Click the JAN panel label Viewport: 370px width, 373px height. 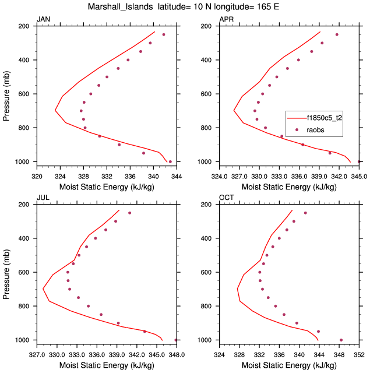click(x=43, y=20)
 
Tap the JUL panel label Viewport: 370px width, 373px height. click(x=43, y=198)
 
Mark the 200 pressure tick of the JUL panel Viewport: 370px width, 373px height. click(x=26, y=205)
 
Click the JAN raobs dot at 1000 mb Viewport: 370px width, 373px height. click(x=170, y=161)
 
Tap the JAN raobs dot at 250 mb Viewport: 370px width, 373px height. click(x=164, y=34)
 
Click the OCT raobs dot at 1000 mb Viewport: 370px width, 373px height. click(x=341, y=340)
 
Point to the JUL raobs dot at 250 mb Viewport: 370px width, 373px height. click(x=129, y=213)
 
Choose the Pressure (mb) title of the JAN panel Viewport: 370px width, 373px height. click(x=6, y=94)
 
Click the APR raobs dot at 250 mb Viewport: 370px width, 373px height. click(x=337, y=34)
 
